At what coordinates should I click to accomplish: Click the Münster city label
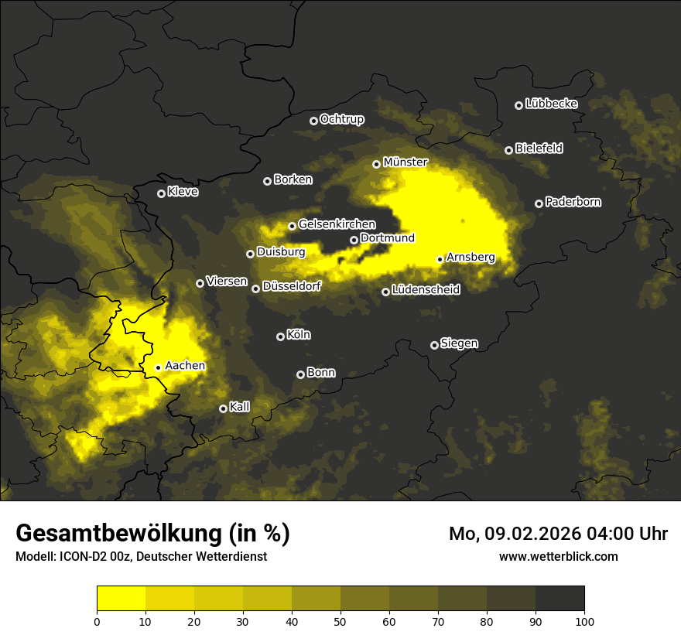pyautogui.click(x=406, y=162)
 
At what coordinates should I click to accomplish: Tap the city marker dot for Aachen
pyautogui.click(x=158, y=367)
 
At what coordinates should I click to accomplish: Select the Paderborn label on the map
pyautogui.click(x=573, y=202)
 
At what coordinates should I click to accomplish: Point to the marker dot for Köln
pyautogui.click(x=280, y=336)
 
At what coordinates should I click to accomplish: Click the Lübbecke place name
pyautogui.click(x=551, y=104)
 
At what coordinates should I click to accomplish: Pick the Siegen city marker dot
pyautogui.click(x=434, y=345)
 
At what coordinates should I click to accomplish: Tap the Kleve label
pyautogui.click(x=183, y=192)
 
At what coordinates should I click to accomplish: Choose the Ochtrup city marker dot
pyautogui.click(x=313, y=121)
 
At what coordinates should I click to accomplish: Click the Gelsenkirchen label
pyautogui.click(x=337, y=224)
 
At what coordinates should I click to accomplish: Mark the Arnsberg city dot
pyautogui.click(x=440, y=259)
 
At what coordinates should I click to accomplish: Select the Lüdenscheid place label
pyautogui.click(x=426, y=290)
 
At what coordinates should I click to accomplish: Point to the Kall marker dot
pyautogui.click(x=223, y=408)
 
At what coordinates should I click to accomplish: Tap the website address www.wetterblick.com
pyautogui.click(x=559, y=556)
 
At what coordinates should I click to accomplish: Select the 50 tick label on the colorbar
pyautogui.click(x=340, y=621)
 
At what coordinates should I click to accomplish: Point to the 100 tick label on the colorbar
pyautogui.click(x=584, y=621)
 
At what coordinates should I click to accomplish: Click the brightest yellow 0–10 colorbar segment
pyautogui.click(x=121, y=598)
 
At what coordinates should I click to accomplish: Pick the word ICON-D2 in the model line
pyautogui.click(x=80, y=557)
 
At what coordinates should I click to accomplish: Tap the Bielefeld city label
pyautogui.click(x=539, y=149)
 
